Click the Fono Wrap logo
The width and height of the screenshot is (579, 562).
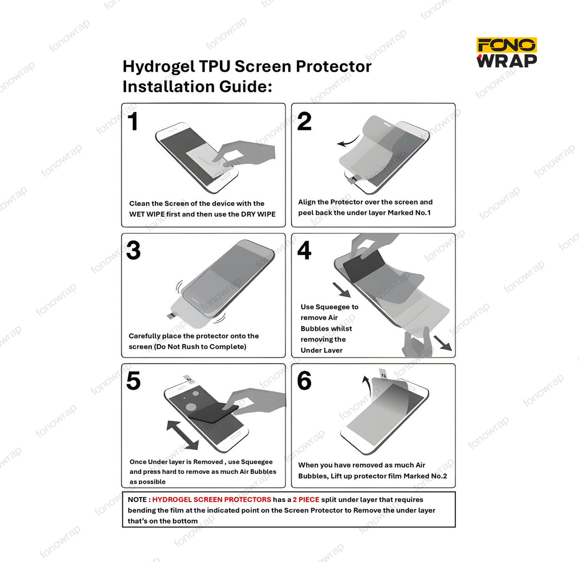(507, 53)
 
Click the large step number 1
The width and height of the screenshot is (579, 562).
(133, 121)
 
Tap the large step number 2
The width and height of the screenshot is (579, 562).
(304, 121)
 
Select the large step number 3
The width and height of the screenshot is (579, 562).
(134, 250)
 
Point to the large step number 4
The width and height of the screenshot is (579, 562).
(304, 250)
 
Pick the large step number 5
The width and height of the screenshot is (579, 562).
(134, 381)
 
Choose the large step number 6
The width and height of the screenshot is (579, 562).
(304, 381)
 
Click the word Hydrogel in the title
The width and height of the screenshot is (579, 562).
(159, 67)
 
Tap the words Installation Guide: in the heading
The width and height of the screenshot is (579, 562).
(197, 87)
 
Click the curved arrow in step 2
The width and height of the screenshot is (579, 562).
(348, 142)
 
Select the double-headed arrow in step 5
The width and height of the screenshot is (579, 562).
(182, 435)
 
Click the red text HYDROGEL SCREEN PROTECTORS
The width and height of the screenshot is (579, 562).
(212, 500)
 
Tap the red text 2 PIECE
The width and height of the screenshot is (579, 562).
(306, 500)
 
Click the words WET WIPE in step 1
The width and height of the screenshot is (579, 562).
(147, 214)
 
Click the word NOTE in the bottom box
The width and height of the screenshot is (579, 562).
(137, 500)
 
